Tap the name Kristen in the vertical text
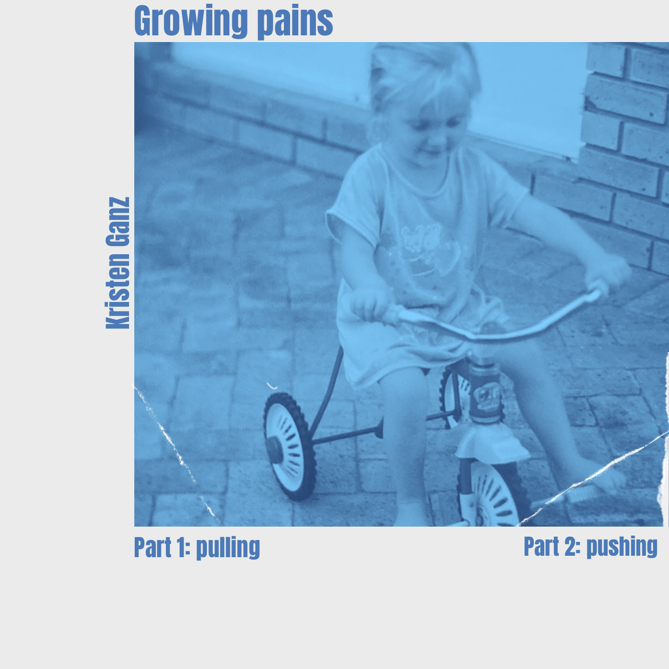pyautogui.click(x=118, y=291)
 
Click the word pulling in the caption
pyautogui.click(x=228, y=548)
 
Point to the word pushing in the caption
pyautogui.click(x=622, y=547)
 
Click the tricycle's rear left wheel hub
pyautogui.click(x=274, y=450)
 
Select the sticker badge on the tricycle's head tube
pyautogui.click(x=486, y=395)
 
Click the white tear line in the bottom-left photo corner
pyautogui.click(x=177, y=455)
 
